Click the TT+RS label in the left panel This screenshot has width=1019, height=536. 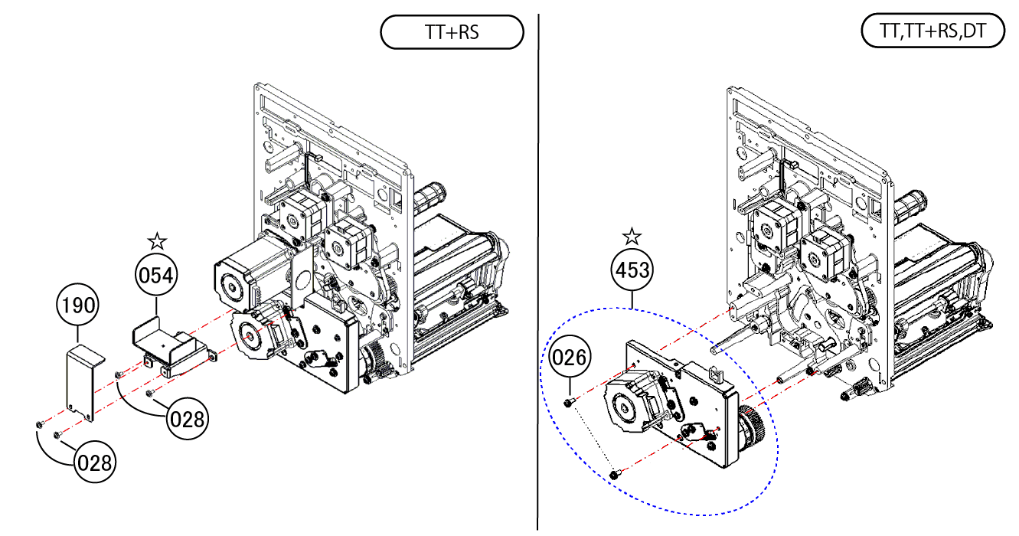pos(452,33)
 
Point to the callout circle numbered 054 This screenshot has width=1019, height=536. pos(156,276)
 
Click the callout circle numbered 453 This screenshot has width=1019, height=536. pos(632,270)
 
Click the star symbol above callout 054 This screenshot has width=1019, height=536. pos(157,241)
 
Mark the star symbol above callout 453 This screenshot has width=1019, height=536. pos(632,236)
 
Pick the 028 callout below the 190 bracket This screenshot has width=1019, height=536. pos(95,462)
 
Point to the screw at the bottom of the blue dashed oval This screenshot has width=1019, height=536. pos(614,476)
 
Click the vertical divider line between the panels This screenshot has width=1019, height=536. pos(538,268)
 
